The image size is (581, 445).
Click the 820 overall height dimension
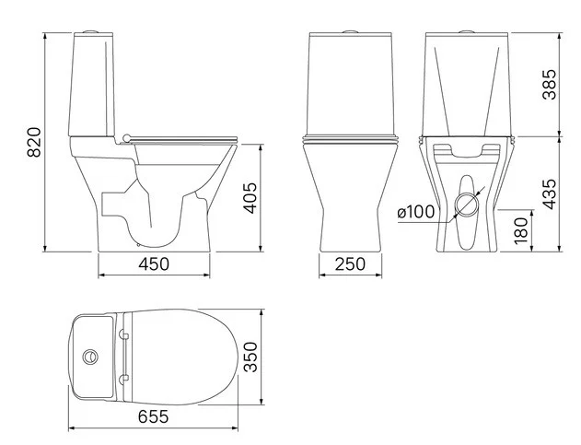tap(34, 143)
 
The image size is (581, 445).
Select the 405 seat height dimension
tap(250, 198)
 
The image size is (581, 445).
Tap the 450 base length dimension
tap(154, 264)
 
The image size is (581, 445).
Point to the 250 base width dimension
tap(350, 264)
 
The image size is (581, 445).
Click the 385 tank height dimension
tap(550, 85)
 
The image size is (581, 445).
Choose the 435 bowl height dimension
tap(550, 194)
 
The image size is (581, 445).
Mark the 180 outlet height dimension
tap(521, 230)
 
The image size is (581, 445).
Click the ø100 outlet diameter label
tap(416, 212)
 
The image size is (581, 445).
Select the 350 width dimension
tap(250, 357)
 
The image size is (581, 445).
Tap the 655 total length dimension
tap(153, 416)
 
